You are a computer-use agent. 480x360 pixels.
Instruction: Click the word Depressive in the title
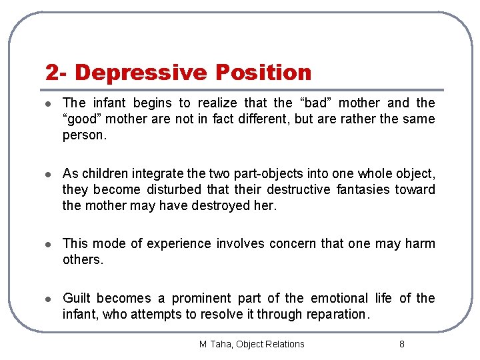(153, 72)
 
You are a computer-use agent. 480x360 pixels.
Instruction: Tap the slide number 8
(401, 344)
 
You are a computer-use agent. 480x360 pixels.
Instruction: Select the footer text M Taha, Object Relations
(251, 344)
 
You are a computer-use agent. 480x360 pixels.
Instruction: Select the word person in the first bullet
(83, 135)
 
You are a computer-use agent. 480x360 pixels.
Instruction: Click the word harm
(419, 243)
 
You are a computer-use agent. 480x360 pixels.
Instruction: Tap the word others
(83, 260)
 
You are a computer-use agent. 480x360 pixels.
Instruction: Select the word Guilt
(77, 298)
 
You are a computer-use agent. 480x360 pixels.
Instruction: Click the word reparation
(337, 314)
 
